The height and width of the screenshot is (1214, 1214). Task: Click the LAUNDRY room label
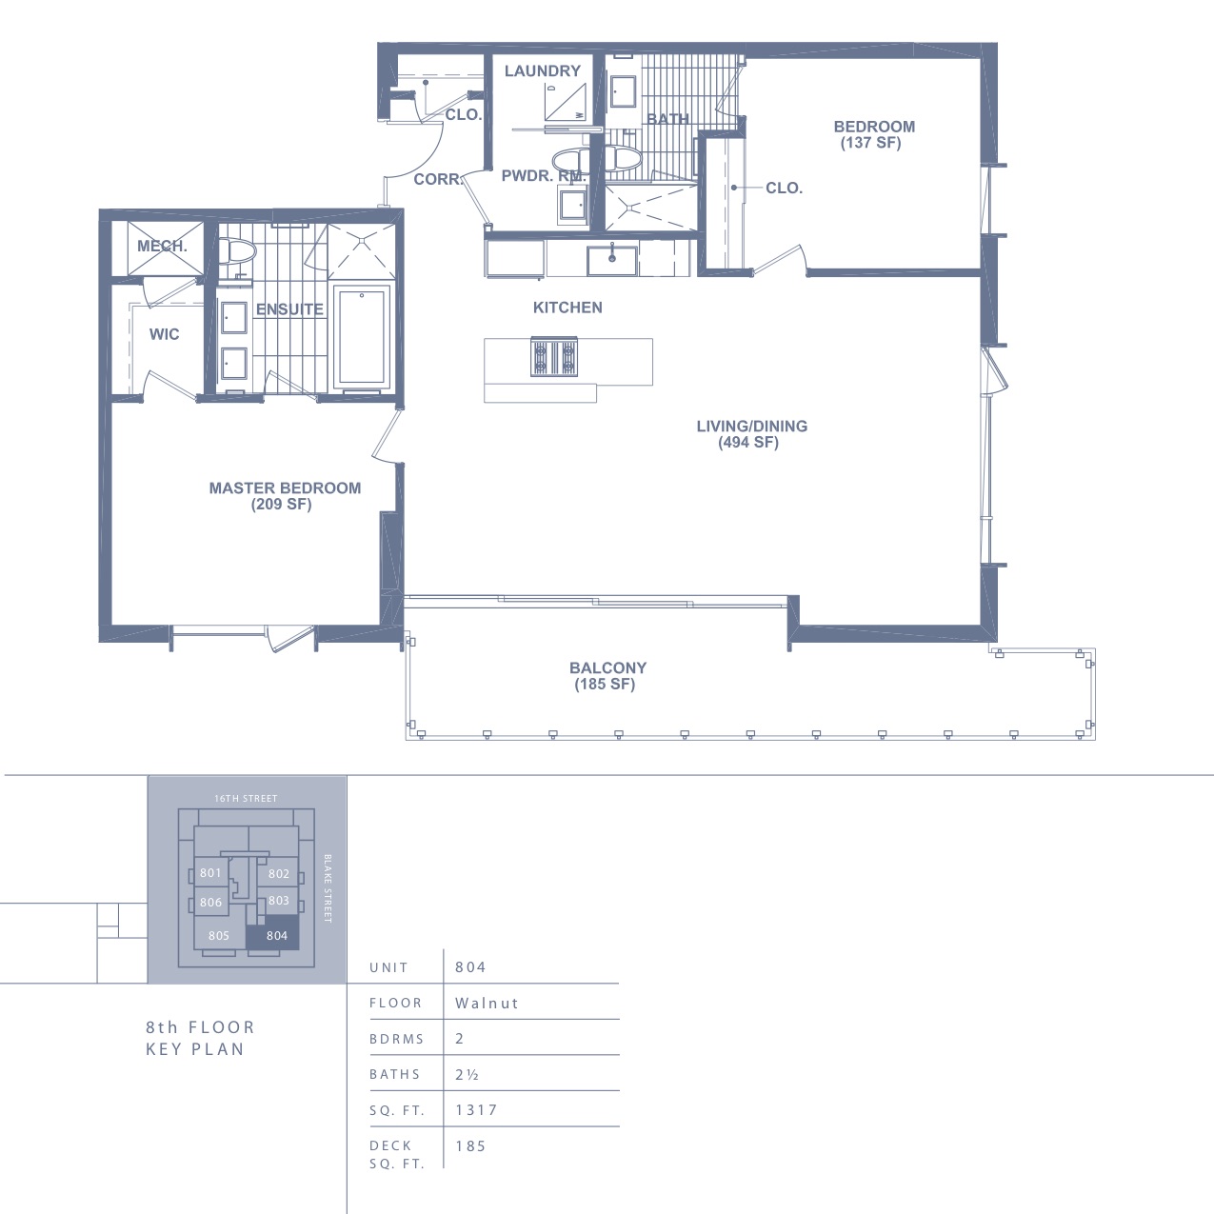pos(543,70)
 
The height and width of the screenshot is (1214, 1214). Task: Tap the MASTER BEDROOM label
pos(285,488)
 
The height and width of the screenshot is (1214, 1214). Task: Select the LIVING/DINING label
pos(751,426)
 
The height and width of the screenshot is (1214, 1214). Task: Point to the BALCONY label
pos(607,667)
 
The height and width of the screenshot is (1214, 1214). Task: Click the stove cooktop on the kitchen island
pos(554,356)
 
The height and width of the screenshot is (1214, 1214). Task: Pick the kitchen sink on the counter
pos(611,260)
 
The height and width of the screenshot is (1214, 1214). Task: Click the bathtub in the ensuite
pos(362,337)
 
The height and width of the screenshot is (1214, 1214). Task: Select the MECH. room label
pos(162,246)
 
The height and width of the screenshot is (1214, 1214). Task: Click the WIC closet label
pos(164,334)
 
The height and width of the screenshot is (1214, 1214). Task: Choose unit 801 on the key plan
pos(210,872)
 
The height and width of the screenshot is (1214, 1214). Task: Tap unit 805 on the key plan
pos(219,936)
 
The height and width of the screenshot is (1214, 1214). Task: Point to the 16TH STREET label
pos(246,798)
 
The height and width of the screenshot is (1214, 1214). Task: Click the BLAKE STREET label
pos(328,888)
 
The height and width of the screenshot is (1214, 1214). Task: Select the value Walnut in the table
pos(487,1003)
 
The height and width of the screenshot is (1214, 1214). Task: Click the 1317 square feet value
pos(476,1110)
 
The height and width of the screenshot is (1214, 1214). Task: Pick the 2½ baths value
pos(467,1074)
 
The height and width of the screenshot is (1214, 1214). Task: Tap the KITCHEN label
pos(567,308)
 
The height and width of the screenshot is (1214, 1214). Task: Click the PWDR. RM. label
pos(544,176)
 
